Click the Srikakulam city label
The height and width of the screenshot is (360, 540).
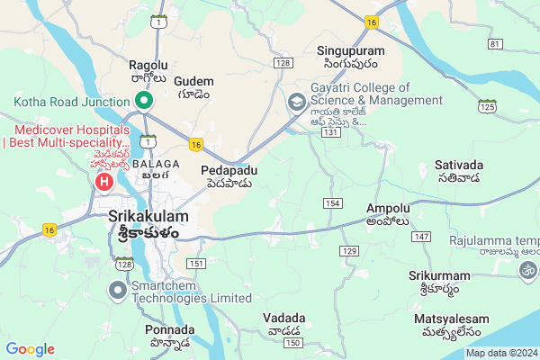148,217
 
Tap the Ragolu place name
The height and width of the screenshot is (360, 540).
149,66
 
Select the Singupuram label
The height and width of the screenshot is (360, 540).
346,50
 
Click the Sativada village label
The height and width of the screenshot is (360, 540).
459,166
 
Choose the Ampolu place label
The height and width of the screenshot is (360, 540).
388,208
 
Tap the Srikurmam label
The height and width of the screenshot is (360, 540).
433,274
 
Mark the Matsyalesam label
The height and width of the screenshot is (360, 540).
452,319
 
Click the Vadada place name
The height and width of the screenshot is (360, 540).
283,318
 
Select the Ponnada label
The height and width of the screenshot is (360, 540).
169,329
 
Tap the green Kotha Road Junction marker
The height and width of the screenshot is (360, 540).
142,101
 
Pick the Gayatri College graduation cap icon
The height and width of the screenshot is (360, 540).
295,103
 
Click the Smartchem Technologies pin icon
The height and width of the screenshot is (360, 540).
118,290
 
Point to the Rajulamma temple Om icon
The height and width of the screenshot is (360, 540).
526,268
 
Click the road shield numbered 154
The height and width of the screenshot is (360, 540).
332,204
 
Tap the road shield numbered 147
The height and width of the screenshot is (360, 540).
419,236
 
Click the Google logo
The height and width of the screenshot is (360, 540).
31,348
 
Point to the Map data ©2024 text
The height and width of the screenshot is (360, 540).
500,353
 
